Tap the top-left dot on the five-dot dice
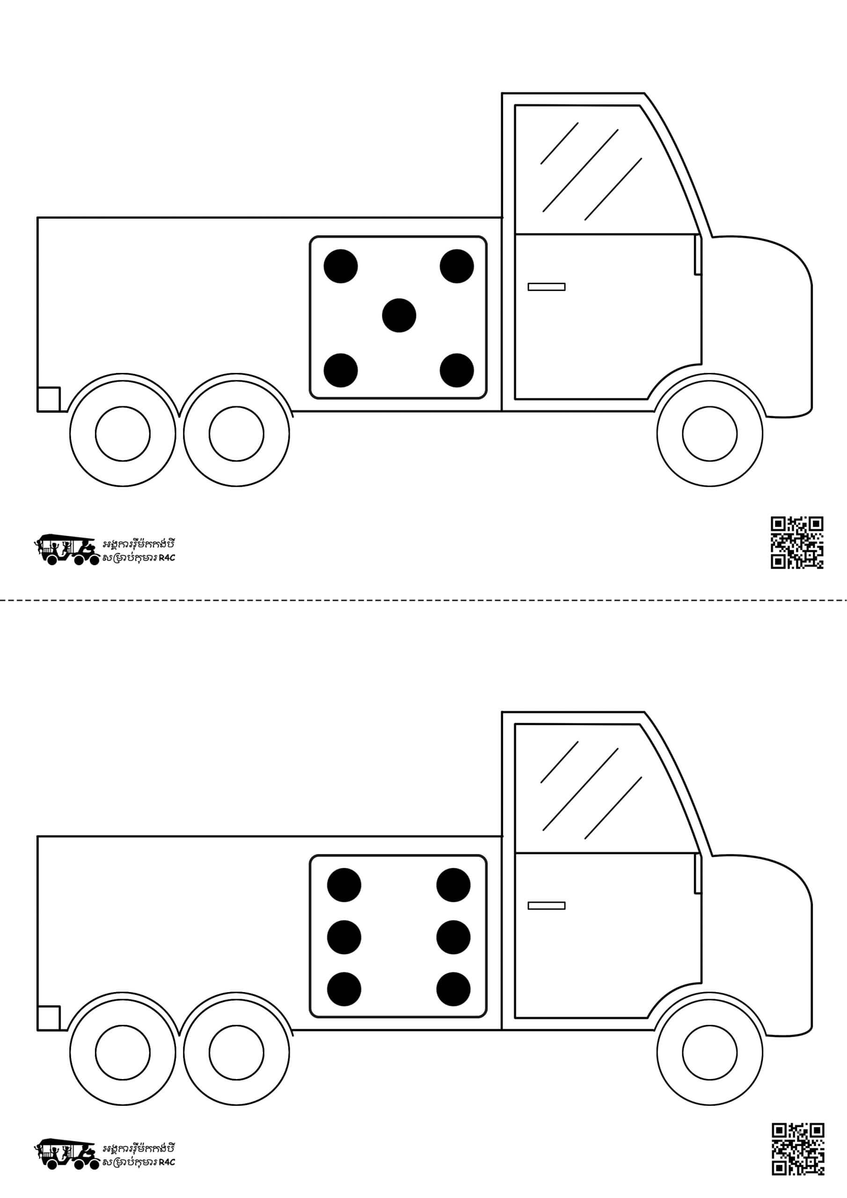click(x=341, y=266)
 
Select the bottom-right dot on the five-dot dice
click(x=457, y=371)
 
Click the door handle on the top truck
click(x=547, y=286)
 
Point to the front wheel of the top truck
click(x=710, y=434)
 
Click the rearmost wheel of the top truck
click(x=123, y=434)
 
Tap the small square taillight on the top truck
click(x=49, y=399)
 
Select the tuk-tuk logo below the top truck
click(x=66, y=549)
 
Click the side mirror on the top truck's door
click(x=698, y=254)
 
